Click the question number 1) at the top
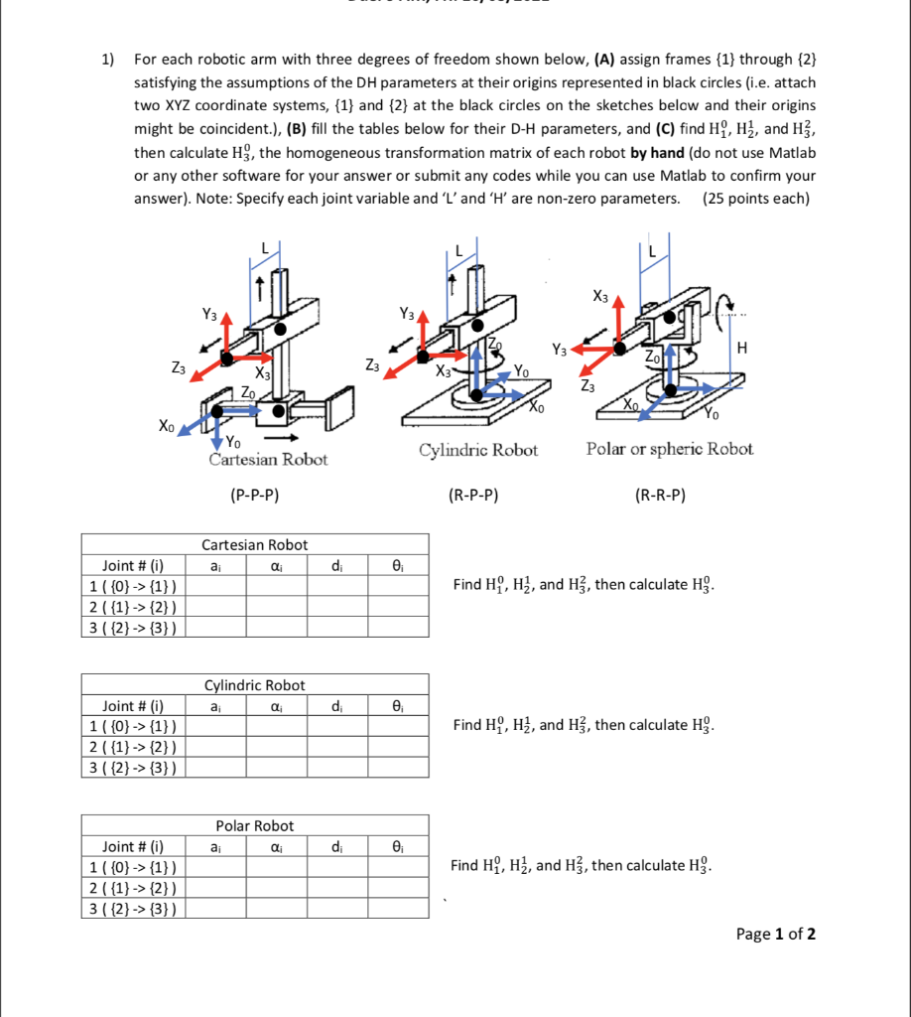pos(109,59)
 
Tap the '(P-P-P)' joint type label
pos(255,495)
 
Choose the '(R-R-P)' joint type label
pos(660,495)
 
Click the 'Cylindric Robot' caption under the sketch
pos(478,450)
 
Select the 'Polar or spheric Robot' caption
pos(670,449)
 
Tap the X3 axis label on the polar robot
pos(600,295)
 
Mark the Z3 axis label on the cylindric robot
pos(369,366)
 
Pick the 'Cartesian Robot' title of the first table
pos(255,545)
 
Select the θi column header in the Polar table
pos(398,847)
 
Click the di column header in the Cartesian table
pos(336,566)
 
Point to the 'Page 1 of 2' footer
pos(775,934)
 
